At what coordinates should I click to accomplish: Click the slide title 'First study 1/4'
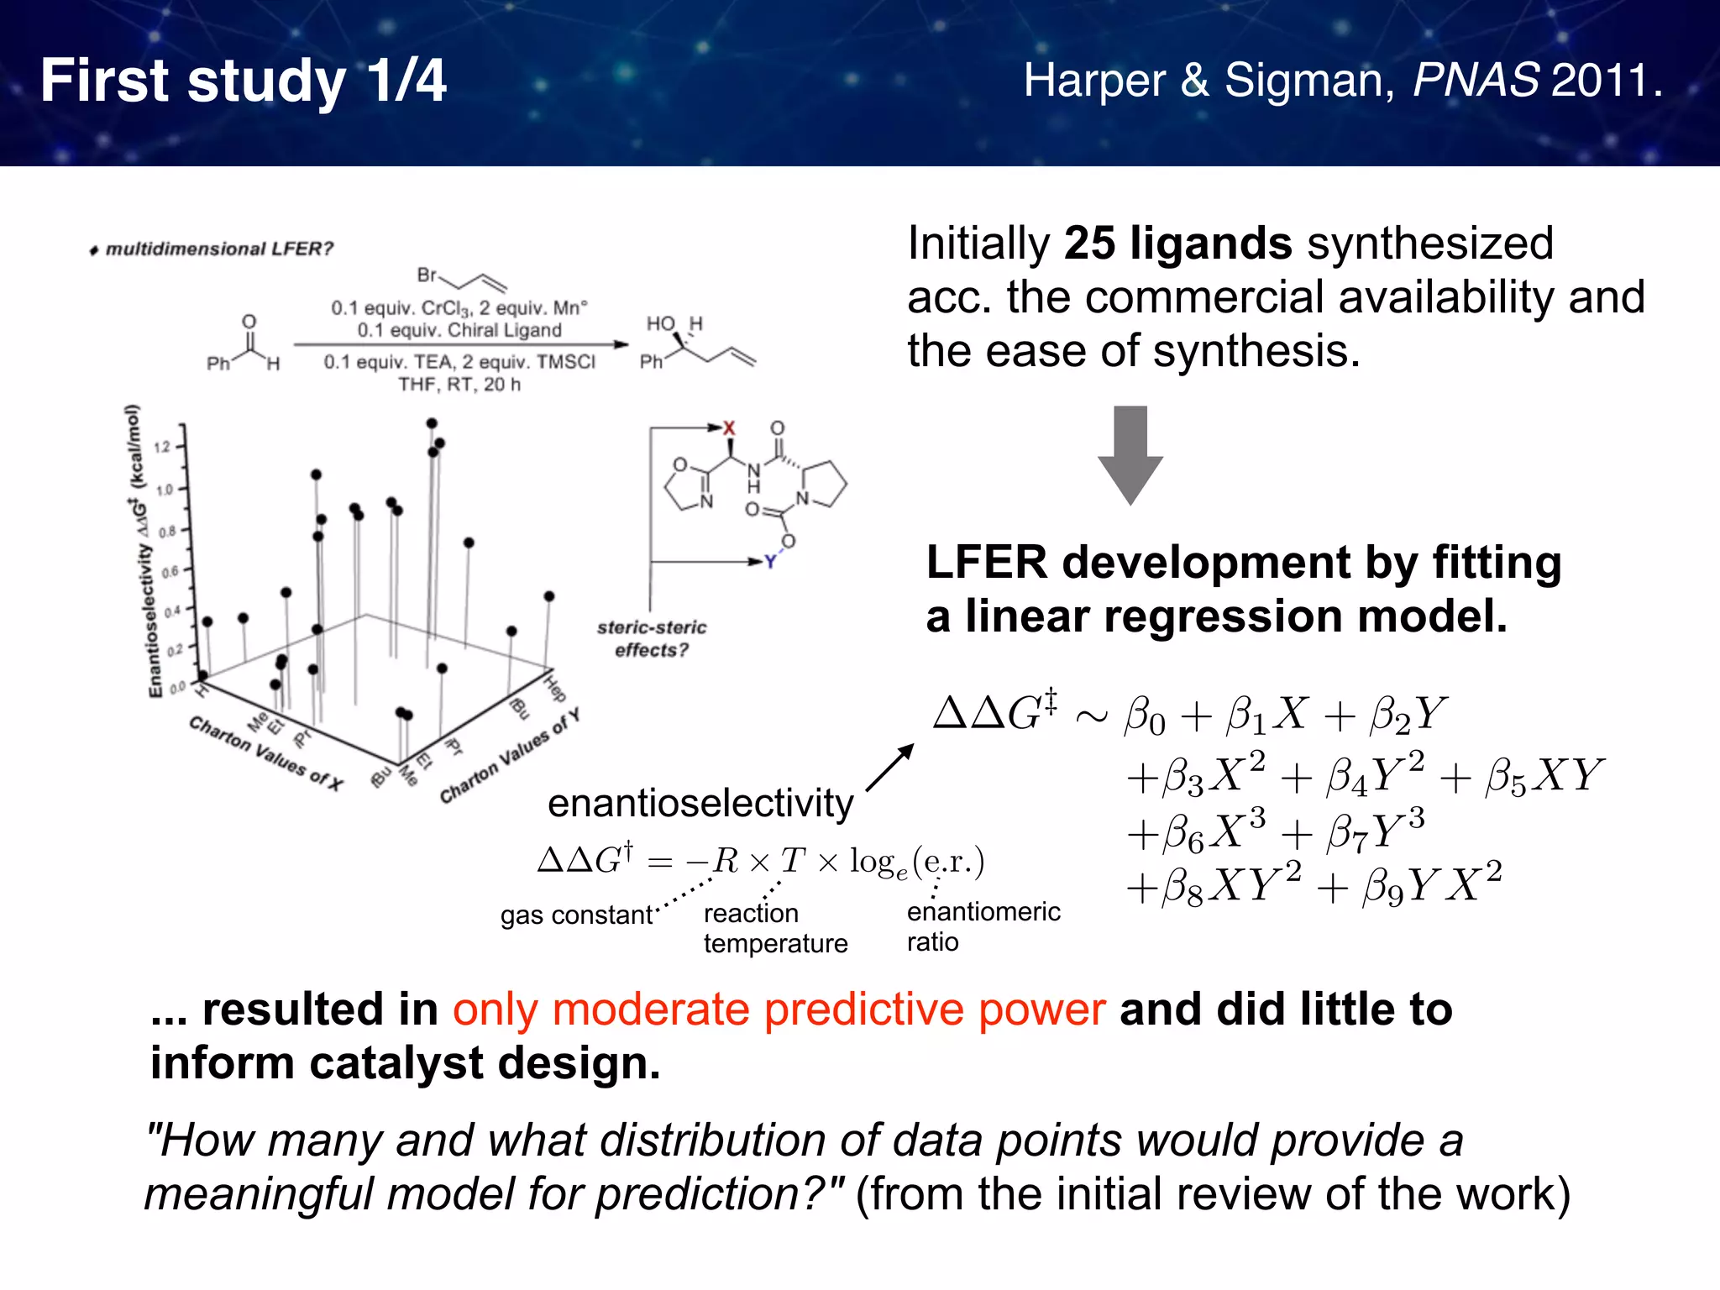[243, 81]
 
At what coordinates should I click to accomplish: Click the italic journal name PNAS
[1476, 81]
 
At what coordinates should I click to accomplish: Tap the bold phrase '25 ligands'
[1177, 244]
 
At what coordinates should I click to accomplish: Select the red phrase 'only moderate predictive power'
[779, 1009]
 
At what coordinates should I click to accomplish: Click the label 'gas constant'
[576, 915]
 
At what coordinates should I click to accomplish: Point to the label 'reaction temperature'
[774, 928]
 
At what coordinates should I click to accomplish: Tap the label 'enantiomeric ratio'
[983, 926]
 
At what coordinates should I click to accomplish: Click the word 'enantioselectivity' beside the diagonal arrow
[700, 803]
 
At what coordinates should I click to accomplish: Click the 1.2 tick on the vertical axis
[163, 446]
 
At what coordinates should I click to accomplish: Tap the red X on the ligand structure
[729, 428]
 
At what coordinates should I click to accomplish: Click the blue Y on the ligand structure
[770, 562]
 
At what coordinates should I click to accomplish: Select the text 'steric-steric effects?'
[652, 638]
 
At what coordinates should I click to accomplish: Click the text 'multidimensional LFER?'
[219, 249]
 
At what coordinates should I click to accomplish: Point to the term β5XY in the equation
[1544, 775]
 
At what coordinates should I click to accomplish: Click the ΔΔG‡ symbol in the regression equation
[996, 712]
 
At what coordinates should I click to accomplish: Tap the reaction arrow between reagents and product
[460, 344]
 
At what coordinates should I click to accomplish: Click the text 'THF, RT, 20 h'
[459, 385]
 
